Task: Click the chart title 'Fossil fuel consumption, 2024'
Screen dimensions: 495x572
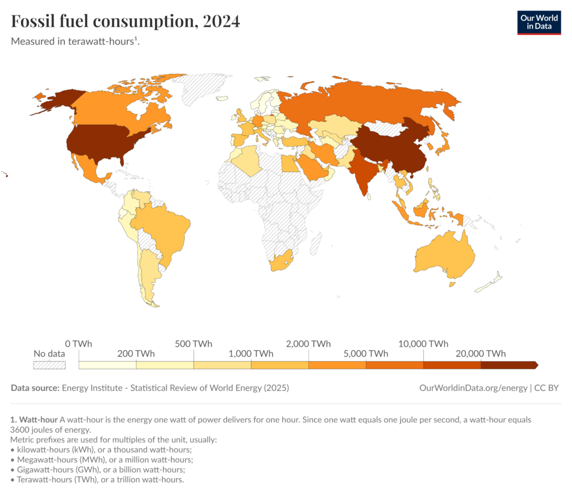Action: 126,21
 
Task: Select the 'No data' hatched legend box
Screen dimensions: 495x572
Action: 49,365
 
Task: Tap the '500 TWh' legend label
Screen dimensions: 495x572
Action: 193,344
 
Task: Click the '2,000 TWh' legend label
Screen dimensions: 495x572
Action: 308,344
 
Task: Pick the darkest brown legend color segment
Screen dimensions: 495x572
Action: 508,365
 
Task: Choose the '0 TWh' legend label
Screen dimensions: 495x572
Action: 78,344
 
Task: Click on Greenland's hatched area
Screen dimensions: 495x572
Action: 201,89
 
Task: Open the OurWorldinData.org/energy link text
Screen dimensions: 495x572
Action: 473,388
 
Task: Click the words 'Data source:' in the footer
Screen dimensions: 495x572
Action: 35,388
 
